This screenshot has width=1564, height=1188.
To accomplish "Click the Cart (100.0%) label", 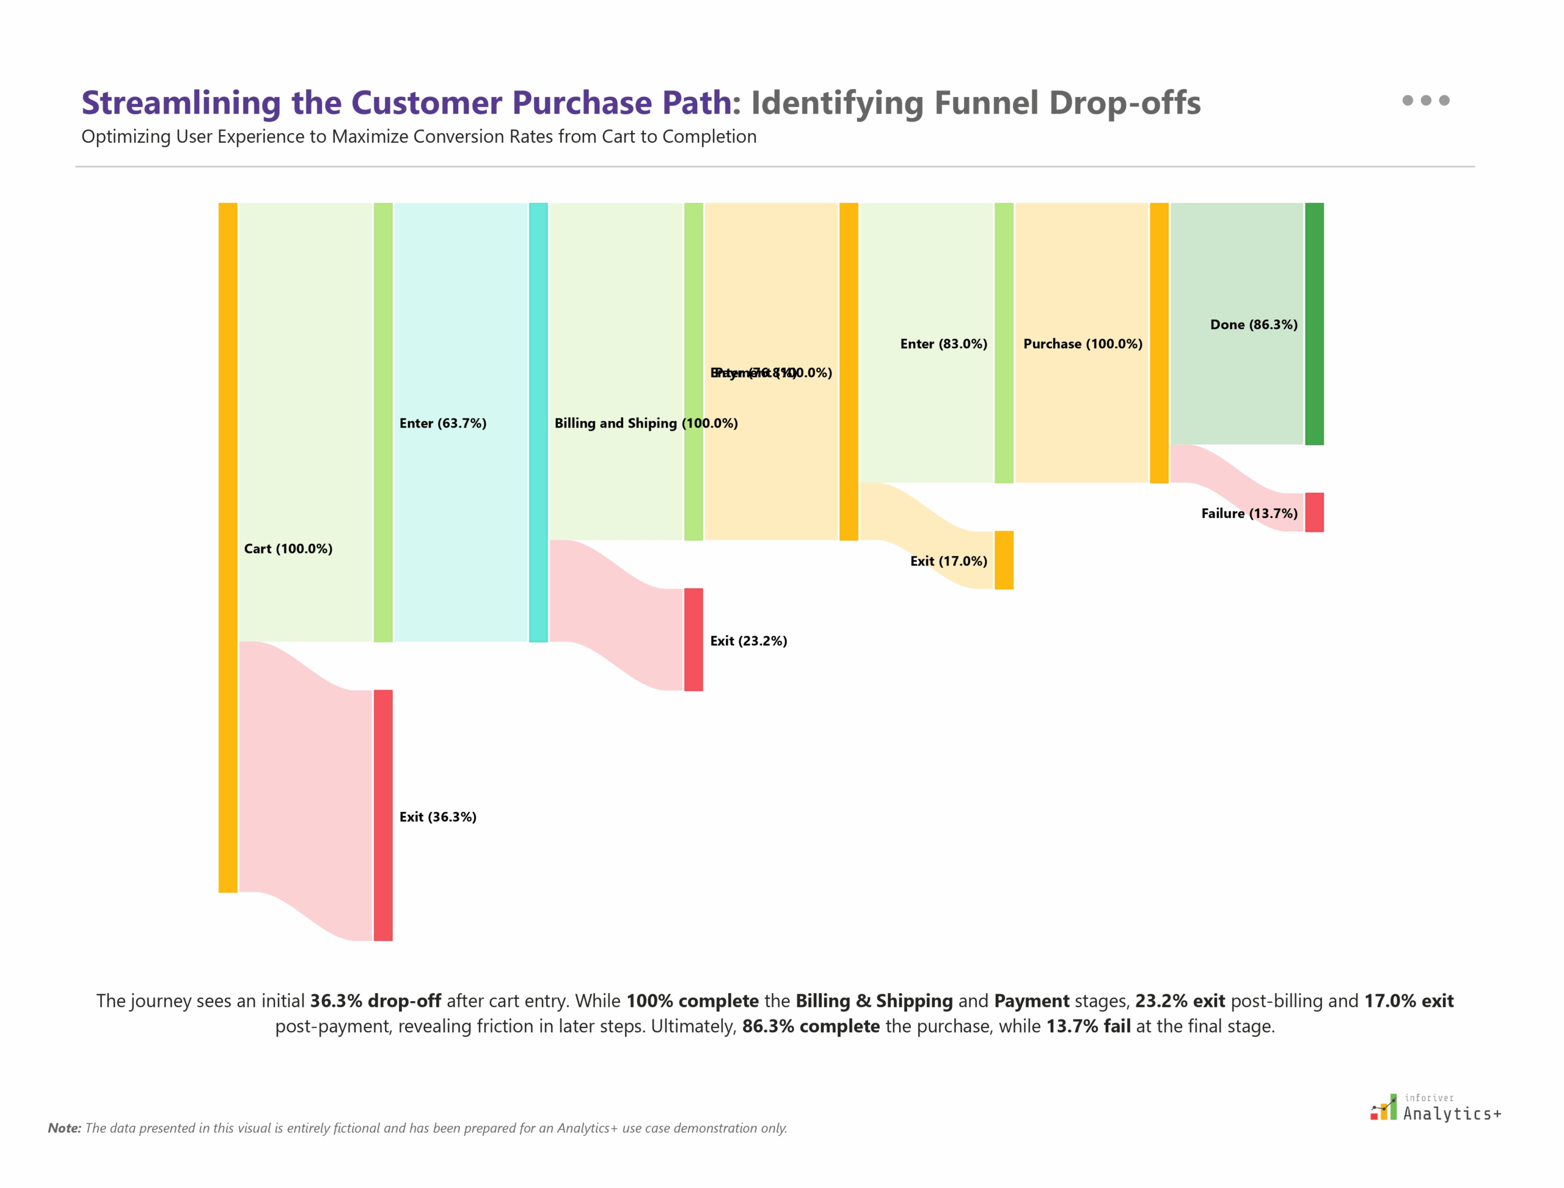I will (288, 548).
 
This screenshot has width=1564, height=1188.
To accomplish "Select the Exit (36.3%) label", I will (437, 817).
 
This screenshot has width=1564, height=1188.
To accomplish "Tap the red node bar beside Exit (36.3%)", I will (382, 815).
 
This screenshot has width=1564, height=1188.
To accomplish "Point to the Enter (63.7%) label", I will (443, 423).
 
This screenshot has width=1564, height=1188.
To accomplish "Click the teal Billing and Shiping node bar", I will (538, 422).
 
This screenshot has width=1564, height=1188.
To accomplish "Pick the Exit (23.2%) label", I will (748, 641).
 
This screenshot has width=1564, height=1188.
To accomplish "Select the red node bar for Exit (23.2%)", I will (693, 640).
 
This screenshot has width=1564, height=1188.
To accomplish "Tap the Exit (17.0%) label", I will (948, 561).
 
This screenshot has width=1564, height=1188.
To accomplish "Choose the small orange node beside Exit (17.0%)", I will (1004, 560).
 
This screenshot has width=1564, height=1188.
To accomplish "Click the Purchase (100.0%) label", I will (1083, 344).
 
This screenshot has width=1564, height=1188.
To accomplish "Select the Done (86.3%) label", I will (1254, 324).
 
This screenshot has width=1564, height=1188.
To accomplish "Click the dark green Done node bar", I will (1314, 324).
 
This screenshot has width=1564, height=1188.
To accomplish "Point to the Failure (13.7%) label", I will (1249, 514).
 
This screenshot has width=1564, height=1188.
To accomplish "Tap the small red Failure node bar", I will (1314, 512).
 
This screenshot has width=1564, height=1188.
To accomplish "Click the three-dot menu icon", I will (1425, 100).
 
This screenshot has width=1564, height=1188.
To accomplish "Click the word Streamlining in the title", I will (181, 103).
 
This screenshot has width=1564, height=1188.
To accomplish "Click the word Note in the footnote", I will (64, 1128).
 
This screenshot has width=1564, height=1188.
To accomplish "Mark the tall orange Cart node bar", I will (228, 547).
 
